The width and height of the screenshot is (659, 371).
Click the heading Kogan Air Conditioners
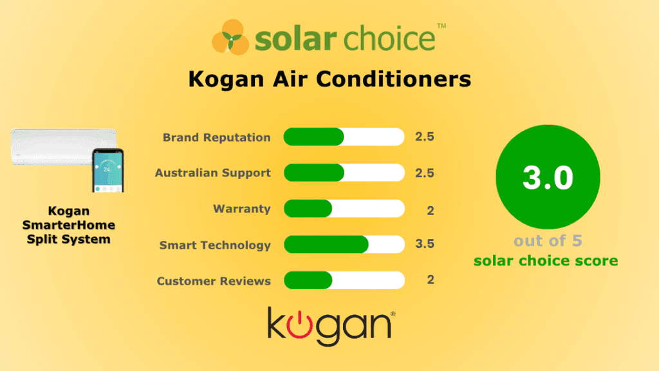[x=329, y=80]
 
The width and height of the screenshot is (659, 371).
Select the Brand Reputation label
[x=216, y=137]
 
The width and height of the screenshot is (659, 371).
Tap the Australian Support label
[x=212, y=173]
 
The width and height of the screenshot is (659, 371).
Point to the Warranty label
[x=242, y=209]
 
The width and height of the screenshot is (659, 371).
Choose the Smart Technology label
[x=215, y=245]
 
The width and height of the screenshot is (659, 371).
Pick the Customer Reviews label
[x=214, y=281]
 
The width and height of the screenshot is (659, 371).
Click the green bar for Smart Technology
[x=326, y=245]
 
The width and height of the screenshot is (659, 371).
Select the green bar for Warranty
[x=308, y=209]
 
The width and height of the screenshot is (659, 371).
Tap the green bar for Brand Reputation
[x=313, y=137]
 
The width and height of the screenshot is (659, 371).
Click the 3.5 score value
[x=425, y=245]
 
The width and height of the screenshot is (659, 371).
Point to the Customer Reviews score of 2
[x=431, y=280]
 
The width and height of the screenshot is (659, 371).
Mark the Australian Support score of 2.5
[x=425, y=173]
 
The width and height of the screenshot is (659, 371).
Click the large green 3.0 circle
[x=548, y=177]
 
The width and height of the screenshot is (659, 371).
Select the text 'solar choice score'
[x=546, y=261]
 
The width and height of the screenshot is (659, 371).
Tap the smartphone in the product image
[x=107, y=170]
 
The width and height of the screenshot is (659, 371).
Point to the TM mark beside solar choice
[x=441, y=26]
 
